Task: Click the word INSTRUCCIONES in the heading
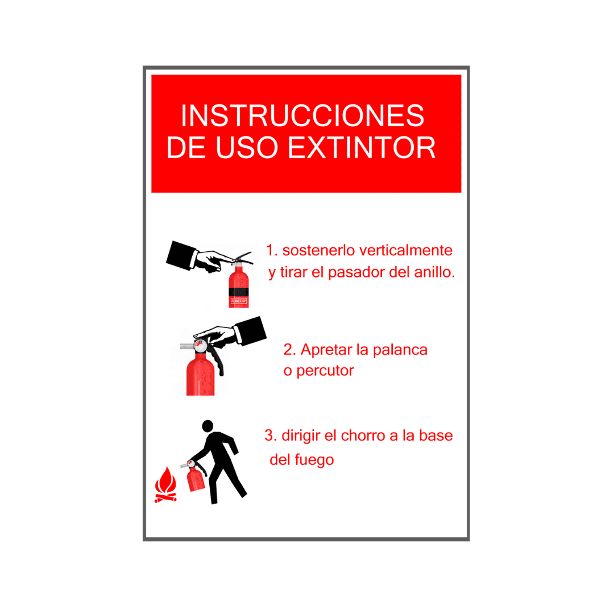click(x=302, y=116)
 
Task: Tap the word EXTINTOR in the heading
click(x=362, y=147)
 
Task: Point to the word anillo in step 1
click(x=435, y=272)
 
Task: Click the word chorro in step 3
click(x=361, y=436)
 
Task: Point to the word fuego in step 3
click(x=314, y=459)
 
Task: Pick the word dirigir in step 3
click(x=301, y=436)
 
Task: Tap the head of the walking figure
click(x=208, y=426)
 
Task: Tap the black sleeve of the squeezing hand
click(x=251, y=330)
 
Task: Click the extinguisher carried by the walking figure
click(x=195, y=479)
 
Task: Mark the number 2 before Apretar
click(x=288, y=349)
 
